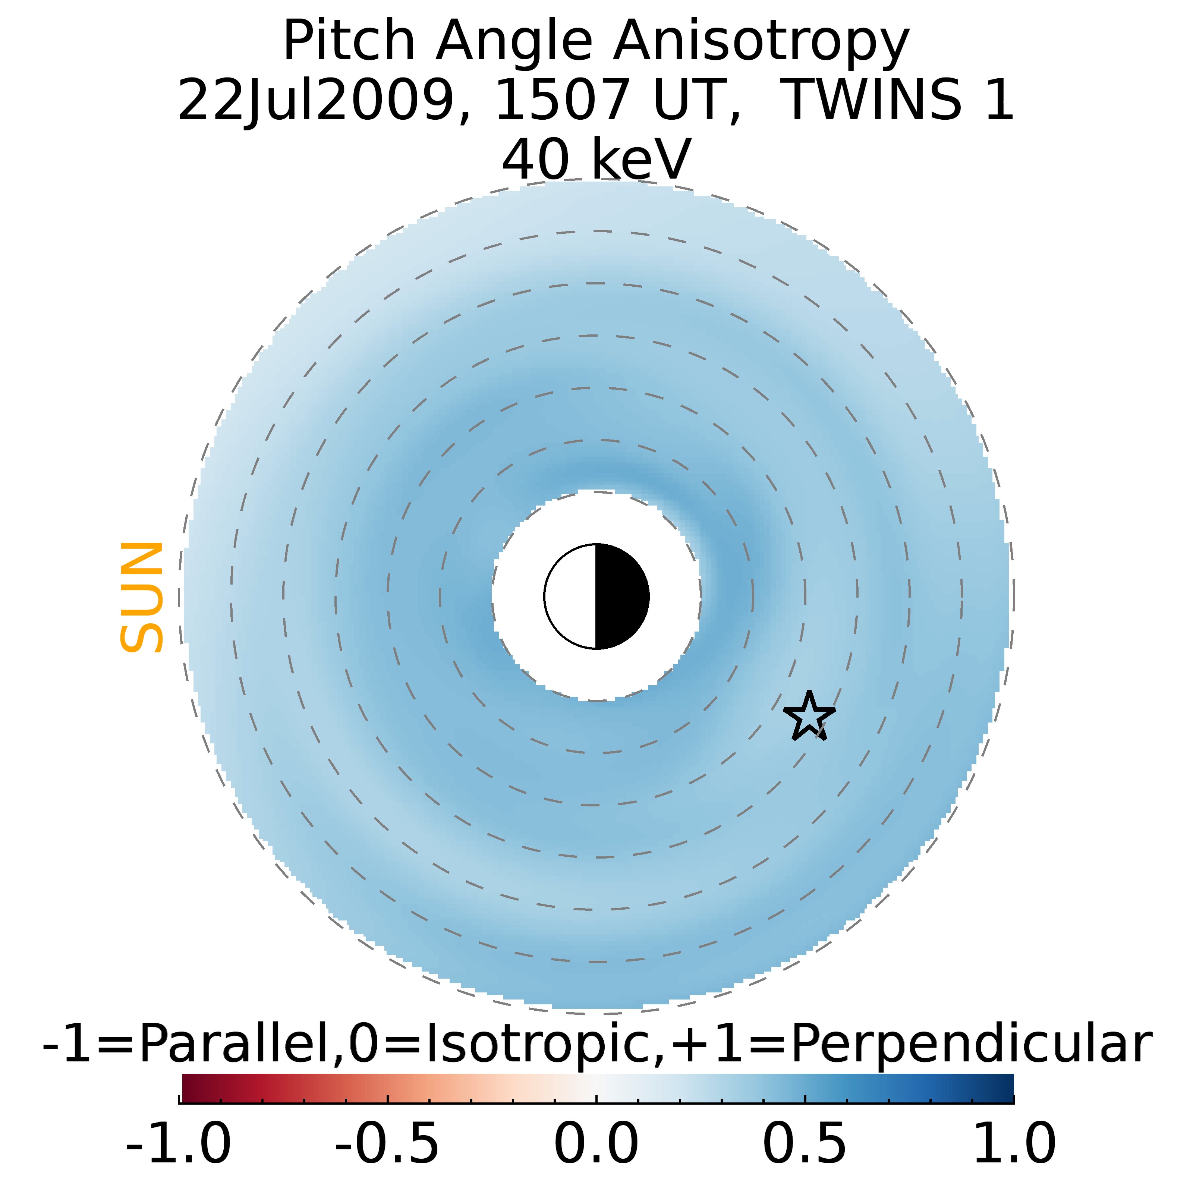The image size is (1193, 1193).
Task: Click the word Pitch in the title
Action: (x=349, y=42)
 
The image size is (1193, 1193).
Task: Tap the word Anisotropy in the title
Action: (x=761, y=42)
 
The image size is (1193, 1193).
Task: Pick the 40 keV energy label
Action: (x=596, y=159)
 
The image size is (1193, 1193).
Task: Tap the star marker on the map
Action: (x=809, y=716)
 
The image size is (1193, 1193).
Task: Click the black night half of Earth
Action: (x=621, y=596)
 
